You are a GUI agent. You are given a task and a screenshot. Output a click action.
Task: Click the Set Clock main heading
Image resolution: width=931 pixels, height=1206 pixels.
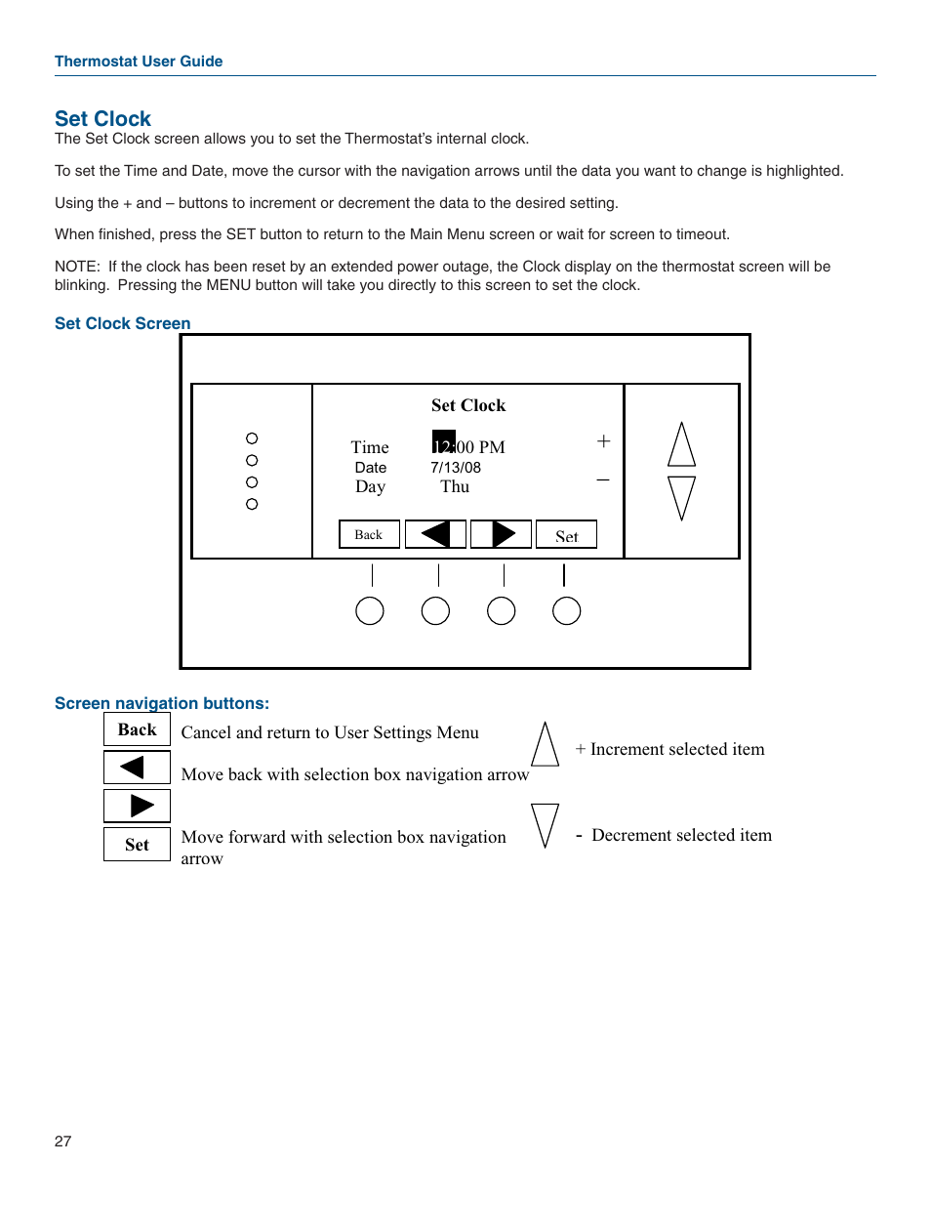click(102, 119)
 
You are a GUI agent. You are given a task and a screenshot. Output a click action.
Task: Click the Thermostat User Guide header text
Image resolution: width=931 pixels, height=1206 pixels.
click(139, 62)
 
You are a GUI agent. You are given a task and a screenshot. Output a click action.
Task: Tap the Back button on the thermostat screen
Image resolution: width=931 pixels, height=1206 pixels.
click(369, 534)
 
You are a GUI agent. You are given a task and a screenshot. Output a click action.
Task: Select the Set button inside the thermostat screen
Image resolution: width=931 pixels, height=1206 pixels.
click(566, 535)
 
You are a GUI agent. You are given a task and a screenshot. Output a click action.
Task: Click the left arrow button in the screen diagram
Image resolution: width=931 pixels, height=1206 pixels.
click(435, 534)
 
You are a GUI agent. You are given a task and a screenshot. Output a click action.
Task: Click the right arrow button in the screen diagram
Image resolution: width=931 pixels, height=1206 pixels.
click(501, 534)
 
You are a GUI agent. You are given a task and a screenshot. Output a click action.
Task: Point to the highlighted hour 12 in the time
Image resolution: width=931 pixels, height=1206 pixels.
click(443, 444)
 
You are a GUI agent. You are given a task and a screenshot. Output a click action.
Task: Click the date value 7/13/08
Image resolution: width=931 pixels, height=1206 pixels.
click(456, 468)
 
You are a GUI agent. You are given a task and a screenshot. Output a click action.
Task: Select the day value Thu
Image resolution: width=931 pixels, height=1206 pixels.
click(455, 486)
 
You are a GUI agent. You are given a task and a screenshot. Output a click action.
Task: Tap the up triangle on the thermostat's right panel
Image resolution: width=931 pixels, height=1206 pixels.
click(681, 445)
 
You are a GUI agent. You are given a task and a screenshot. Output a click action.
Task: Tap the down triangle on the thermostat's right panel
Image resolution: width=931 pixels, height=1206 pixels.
click(681, 497)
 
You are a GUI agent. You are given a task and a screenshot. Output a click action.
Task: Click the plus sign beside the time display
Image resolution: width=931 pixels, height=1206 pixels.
click(603, 441)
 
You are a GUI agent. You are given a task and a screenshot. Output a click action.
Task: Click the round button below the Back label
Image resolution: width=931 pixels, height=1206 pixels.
click(370, 611)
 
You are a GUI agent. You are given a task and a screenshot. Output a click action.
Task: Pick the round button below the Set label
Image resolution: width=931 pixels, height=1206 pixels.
click(566, 611)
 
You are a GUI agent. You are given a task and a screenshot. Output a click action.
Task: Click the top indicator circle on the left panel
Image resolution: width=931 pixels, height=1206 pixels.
click(252, 438)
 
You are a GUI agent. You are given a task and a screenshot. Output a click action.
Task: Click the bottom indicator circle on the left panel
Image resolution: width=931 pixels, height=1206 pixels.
click(252, 504)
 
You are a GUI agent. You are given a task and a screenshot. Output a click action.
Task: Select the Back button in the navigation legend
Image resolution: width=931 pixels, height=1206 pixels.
click(137, 729)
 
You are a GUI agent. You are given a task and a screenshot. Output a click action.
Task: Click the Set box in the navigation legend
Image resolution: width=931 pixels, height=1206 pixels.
click(137, 845)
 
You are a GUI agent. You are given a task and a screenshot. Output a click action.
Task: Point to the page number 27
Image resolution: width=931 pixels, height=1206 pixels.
click(63, 1142)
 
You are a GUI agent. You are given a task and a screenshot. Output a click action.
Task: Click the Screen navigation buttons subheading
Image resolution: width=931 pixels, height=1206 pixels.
click(162, 703)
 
